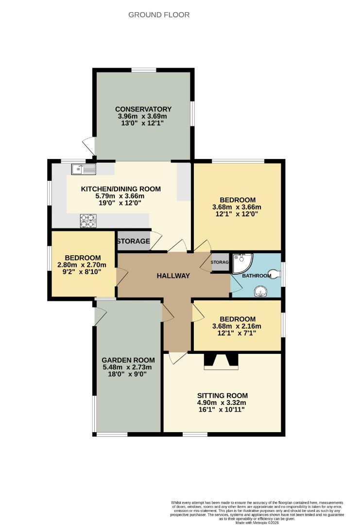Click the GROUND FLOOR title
click(x=159, y=15)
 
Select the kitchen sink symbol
click(x=84, y=169)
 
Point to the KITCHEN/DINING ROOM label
click(x=120, y=189)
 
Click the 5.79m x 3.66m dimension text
click(x=120, y=196)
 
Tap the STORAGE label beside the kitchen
click(x=133, y=241)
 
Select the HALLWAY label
click(x=173, y=276)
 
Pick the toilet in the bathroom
click(x=276, y=275)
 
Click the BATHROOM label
click(x=257, y=276)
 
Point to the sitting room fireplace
click(x=221, y=362)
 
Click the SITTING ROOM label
click(x=223, y=395)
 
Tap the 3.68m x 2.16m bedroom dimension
click(x=237, y=326)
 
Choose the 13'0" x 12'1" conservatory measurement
click(x=143, y=124)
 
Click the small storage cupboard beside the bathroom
click(x=219, y=262)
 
